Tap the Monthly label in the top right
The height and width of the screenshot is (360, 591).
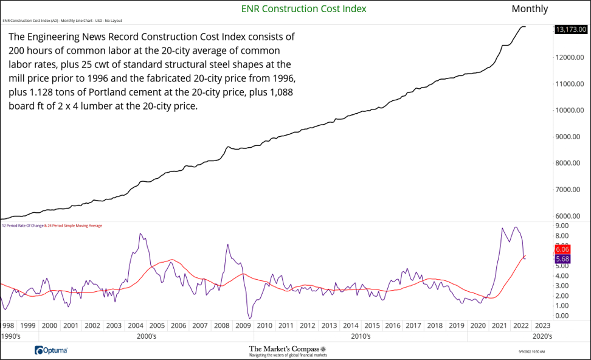530,9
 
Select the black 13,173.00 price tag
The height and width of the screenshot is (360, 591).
570,29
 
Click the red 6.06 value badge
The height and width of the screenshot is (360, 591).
562,249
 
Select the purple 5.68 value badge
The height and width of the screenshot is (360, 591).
562,259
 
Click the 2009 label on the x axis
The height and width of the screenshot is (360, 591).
243,326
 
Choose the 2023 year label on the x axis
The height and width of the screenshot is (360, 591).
542,326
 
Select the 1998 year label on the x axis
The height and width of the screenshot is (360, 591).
7,326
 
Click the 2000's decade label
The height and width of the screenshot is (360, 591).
147,336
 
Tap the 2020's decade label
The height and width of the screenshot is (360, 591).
542,336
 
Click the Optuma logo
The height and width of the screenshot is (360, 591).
51,350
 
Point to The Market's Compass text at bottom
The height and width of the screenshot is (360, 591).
288,348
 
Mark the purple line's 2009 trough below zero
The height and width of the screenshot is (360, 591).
249,317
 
